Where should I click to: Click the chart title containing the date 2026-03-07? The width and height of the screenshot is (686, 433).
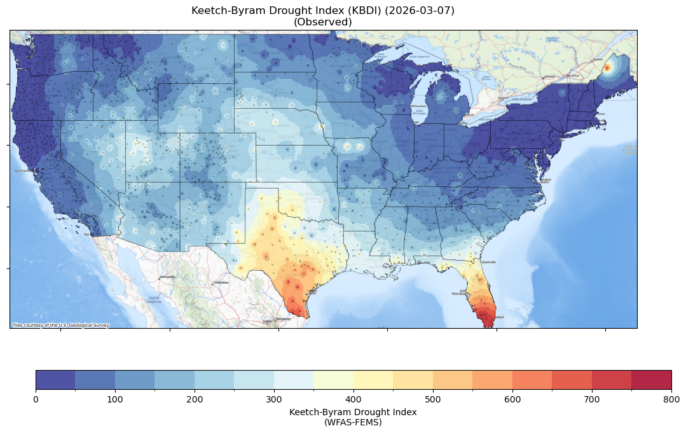(x=323, y=11)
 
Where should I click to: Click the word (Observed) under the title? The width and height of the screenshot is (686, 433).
(x=323, y=22)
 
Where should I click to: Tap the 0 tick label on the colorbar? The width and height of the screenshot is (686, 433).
(x=36, y=399)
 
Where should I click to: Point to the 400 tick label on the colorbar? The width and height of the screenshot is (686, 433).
(x=353, y=399)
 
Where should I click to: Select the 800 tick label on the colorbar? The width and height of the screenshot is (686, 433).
(x=671, y=399)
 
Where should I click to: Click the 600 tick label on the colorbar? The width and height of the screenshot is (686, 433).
(x=512, y=399)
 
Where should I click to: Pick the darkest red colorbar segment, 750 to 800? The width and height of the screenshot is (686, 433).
(x=652, y=380)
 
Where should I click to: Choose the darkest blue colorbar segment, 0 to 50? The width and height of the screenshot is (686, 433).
(x=55, y=380)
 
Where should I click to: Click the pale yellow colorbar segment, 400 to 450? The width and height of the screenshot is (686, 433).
(x=373, y=380)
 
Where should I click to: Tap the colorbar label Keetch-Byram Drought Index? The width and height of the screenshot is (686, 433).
(x=353, y=412)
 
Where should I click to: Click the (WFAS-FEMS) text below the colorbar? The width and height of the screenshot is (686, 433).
(x=353, y=422)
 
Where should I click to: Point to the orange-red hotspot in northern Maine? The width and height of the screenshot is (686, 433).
(x=607, y=67)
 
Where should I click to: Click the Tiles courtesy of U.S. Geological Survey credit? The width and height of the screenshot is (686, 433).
(x=60, y=325)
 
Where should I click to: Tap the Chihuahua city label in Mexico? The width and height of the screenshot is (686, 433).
(x=220, y=282)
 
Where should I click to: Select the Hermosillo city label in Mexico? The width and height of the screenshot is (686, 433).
(x=167, y=277)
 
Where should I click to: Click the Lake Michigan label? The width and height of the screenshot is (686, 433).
(x=419, y=112)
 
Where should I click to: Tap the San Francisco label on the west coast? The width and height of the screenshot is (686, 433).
(x=23, y=171)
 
